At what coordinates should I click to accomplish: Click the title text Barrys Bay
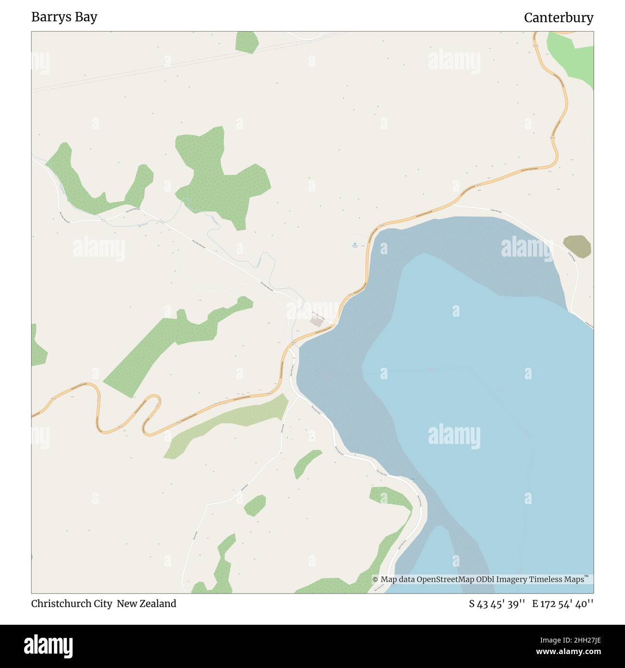[x=64, y=17]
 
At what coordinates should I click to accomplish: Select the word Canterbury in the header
[x=558, y=18]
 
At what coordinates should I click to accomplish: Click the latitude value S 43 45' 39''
[x=497, y=604]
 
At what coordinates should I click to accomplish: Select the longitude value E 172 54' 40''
[x=562, y=604]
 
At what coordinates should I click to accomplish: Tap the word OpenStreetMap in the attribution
[x=446, y=580]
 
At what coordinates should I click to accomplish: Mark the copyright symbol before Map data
[x=375, y=580]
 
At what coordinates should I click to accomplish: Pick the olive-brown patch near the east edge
[x=577, y=247]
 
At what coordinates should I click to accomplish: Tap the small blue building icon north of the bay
[x=355, y=244]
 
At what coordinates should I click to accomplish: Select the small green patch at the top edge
[x=247, y=42]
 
